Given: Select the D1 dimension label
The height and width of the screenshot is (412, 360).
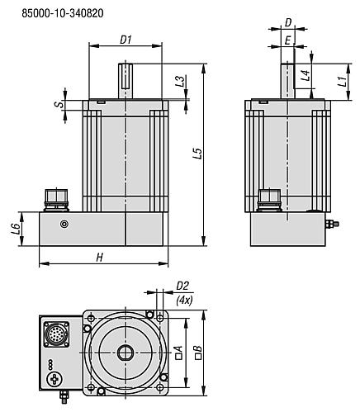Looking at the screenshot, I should pyautogui.click(x=126, y=39).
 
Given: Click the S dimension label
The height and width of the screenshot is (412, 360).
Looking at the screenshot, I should pyautogui.click(x=57, y=105).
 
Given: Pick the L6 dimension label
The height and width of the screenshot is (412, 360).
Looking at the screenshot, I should pyautogui.click(x=16, y=228).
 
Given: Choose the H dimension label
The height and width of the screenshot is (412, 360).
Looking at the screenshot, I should pyautogui.click(x=99, y=258).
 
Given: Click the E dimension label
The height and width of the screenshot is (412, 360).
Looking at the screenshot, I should pyautogui.click(x=287, y=39).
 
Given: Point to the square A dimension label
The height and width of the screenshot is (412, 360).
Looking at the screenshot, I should pyautogui.click(x=178, y=352).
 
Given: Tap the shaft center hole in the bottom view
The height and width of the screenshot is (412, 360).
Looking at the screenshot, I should pyautogui.click(x=126, y=352).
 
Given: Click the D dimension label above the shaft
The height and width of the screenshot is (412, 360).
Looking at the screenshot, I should pyautogui.click(x=287, y=23).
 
